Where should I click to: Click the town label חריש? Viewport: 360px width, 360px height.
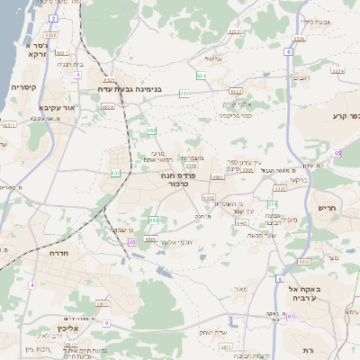325,208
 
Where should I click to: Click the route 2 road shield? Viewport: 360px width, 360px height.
53,18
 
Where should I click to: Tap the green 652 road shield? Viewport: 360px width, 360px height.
152,130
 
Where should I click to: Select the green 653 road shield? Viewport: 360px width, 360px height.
184,93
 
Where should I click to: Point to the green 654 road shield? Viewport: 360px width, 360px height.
201,76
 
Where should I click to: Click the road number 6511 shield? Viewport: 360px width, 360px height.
10,125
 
